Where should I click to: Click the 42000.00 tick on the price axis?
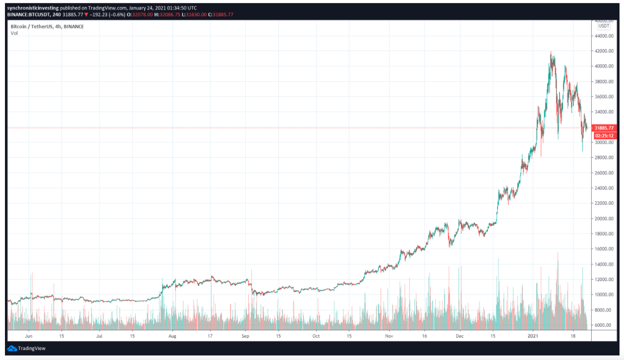(605, 51)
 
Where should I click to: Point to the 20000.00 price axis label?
(605, 219)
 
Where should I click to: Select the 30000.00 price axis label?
(605, 143)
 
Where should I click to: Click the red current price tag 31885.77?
(604, 128)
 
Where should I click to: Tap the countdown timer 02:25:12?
(604, 135)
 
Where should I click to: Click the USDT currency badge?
(604, 26)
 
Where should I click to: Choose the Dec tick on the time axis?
(459, 336)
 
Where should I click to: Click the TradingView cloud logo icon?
(12, 348)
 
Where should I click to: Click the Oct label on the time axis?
(316, 336)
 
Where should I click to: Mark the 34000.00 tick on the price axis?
(605, 112)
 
